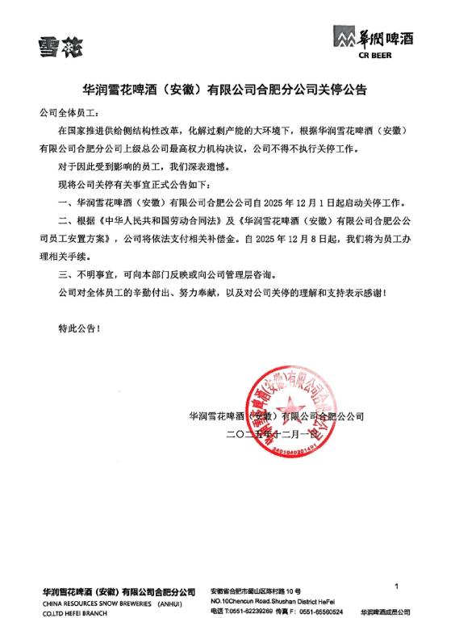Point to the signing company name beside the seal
tap(276, 417)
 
